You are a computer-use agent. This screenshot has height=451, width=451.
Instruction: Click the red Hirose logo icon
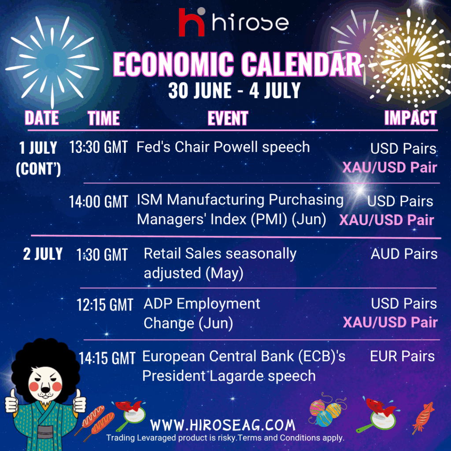[x=192, y=22]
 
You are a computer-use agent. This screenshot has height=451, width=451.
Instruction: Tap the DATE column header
[x=42, y=118]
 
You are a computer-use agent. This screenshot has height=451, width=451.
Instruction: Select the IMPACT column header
[x=410, y=118]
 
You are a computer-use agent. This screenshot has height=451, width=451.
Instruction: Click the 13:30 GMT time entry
[x=98, y=147]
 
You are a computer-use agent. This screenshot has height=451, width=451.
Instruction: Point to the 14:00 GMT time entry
[x=98, y=201]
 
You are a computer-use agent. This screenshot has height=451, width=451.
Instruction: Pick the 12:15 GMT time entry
[x=105, y=305]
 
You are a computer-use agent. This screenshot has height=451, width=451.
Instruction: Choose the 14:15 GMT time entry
[x=107, y=358]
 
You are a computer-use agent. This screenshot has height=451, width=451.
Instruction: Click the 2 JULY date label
[x=43, y=254]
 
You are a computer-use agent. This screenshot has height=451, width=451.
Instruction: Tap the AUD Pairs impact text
[x=404, y=254]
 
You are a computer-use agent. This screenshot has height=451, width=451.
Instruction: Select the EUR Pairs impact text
[x=402, y=356]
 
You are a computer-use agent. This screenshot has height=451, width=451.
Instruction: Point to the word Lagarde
[x=237, y=376]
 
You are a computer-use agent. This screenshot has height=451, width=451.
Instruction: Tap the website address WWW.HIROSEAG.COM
[x=223, y=425]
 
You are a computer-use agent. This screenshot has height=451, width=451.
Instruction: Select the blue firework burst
[x=52, y=61]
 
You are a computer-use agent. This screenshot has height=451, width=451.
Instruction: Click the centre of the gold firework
[x=408, y=58]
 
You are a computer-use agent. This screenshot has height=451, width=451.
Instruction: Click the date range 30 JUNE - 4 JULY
[x=234, y=91]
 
